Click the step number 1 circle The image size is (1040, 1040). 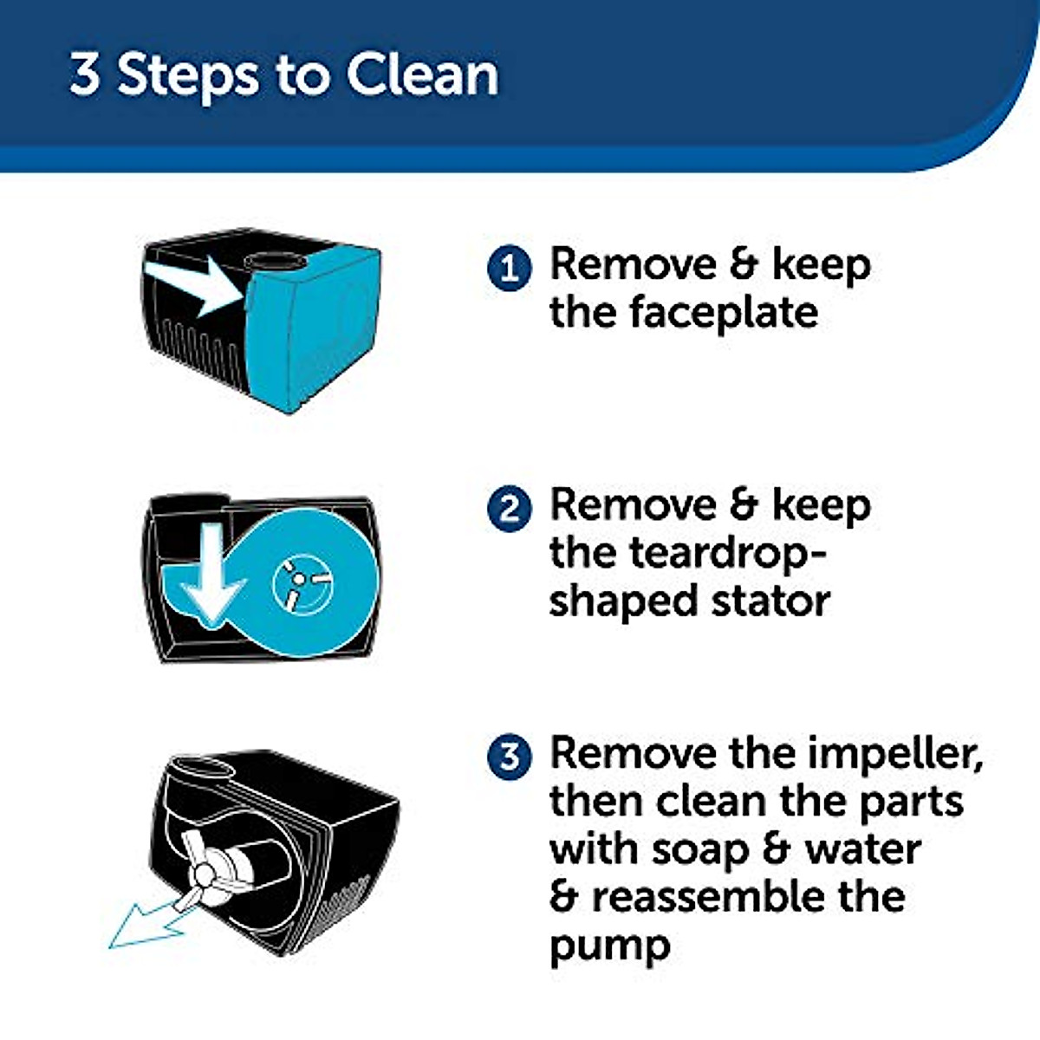509,268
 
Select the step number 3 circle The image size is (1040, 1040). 509,756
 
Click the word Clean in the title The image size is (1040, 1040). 422,75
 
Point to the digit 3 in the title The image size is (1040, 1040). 85,75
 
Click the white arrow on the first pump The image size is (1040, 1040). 195,287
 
